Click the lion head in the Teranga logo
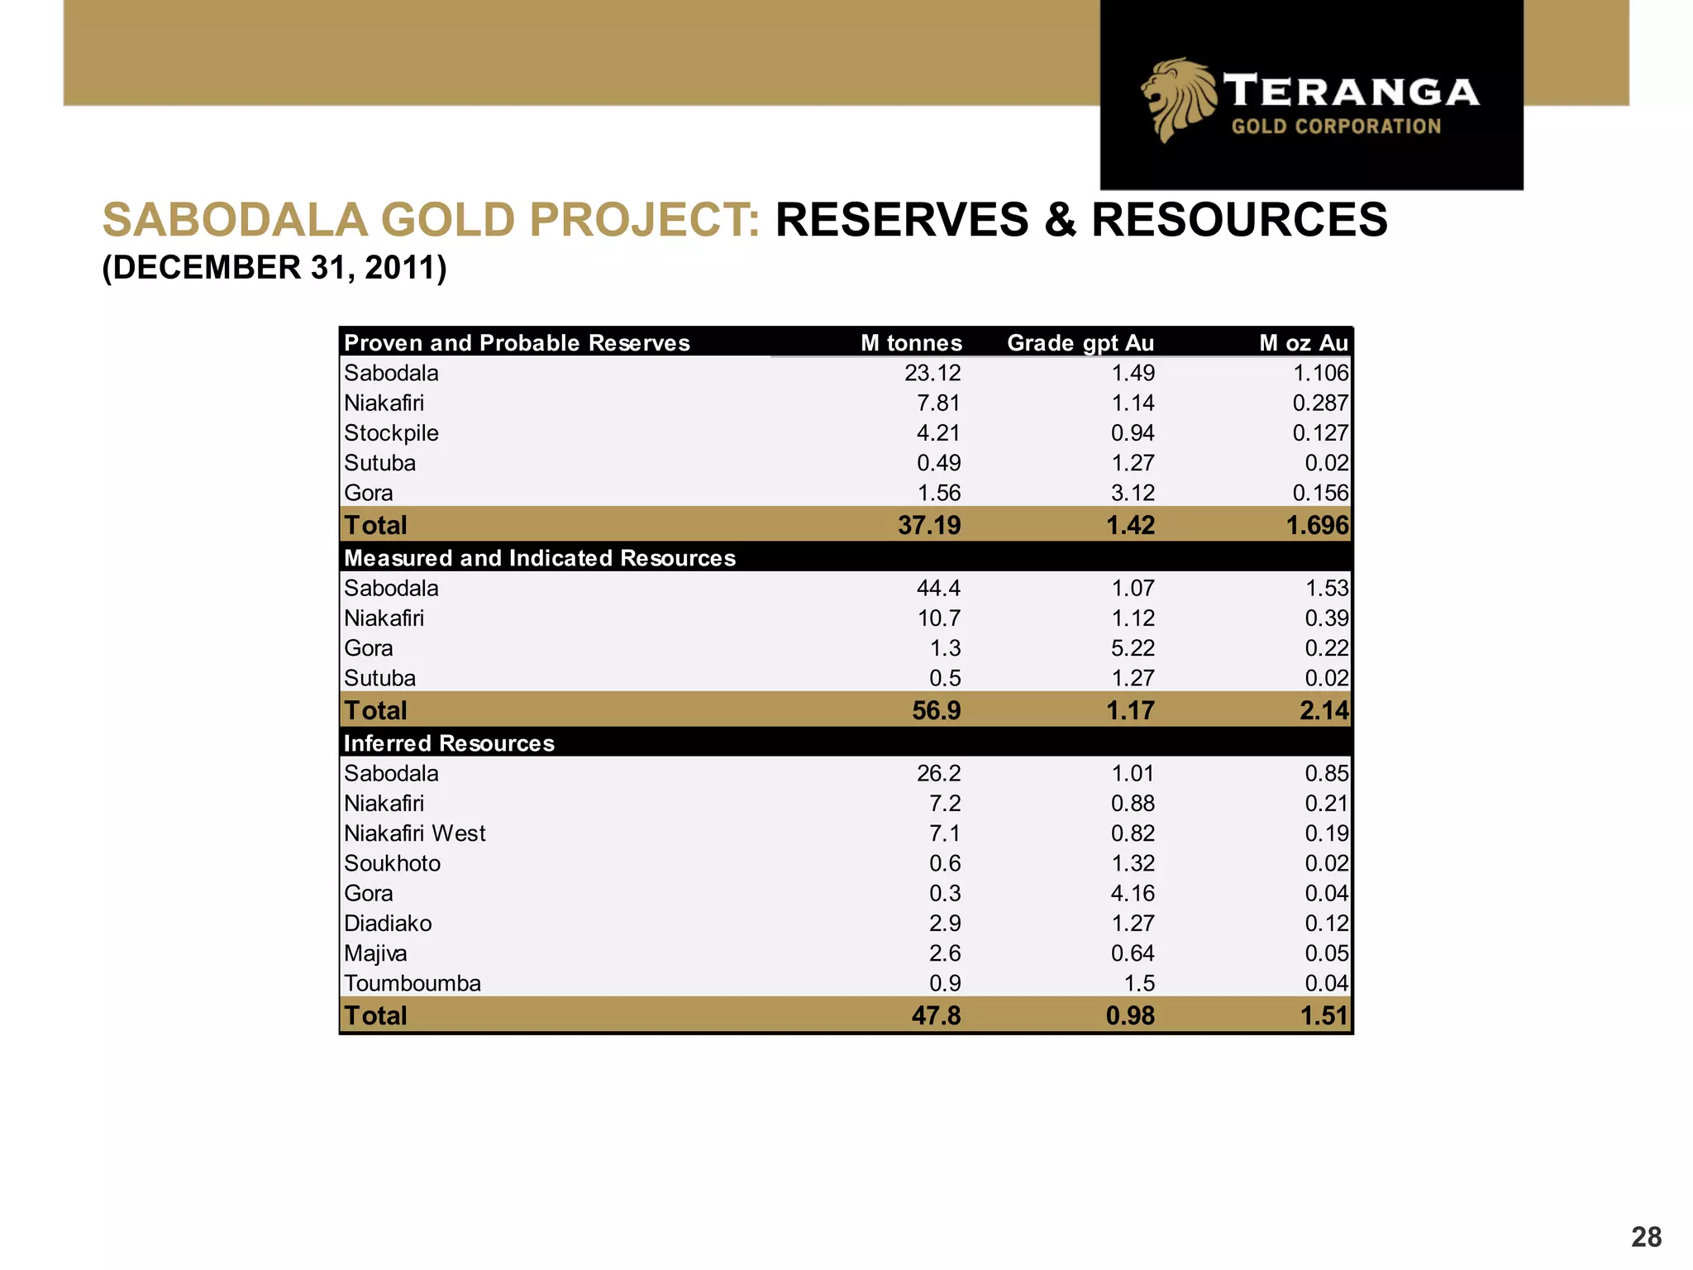click(x=1178, y=99)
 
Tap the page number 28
click(x=1646, y=1237)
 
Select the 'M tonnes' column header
click(x=911, y=343)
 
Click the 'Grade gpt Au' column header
click(x=1080, y=343)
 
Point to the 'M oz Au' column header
click(x=1303, y=343)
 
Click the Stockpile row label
click(x=391, y=433)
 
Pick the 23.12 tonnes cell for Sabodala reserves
click(x=932, y=373)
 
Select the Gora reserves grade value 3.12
click(x=1132, y=493)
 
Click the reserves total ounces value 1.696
click(x=1317, y=525)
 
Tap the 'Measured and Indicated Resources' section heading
click(x=539, y=558)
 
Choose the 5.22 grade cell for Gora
click(x=1132, y=648)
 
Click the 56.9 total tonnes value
click(x=936, y=710)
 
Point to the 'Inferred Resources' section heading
click(x=449, y=743)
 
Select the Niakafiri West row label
click(x=415, y=833)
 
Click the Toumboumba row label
click(x=413, y=983)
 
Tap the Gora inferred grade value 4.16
click(x=1132, y=893)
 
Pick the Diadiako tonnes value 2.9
click(x=944, y=923)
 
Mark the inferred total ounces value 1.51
click(x=1323, y=1015)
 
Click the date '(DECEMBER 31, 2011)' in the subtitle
click(x=274, y=268)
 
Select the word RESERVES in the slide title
click(x=902, y=220)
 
